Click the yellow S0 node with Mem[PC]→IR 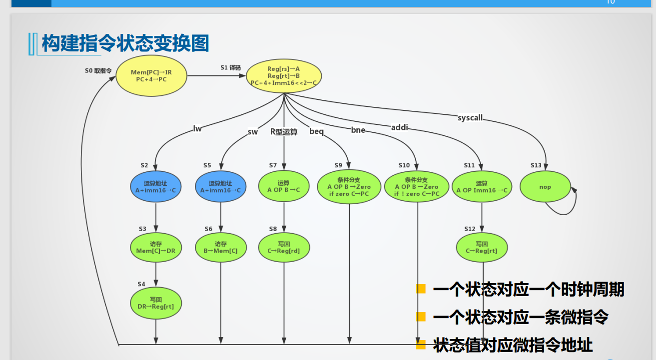[151, 76]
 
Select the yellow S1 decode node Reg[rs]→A [283, 76]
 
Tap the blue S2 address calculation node [156, 187]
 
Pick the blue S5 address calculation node [220, 187]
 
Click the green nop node [545, 187]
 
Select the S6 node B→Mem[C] [220, 247]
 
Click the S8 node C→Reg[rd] [284, 247]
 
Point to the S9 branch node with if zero [349, 187]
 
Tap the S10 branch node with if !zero [417, 187]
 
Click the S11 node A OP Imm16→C [482, 187]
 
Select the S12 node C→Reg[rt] [482, 247]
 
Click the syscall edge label [470, 118]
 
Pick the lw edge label [197, 129]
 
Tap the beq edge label [317, 132]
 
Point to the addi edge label [400, 128]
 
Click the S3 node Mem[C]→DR [156, 247]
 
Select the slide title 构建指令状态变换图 [125, 44]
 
